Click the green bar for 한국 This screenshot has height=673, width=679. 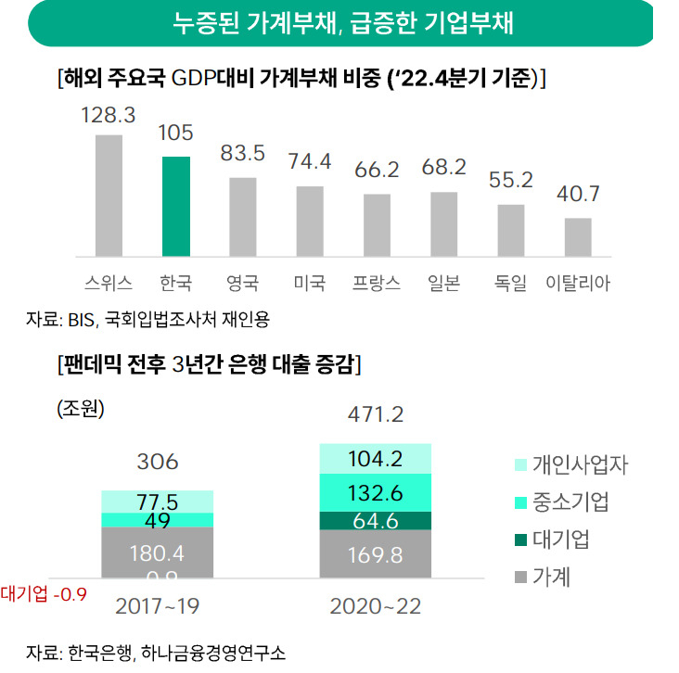pyautogui.click(x=176, y=207)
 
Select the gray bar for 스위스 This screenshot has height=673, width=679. pyautogui.click(x=109, y=196)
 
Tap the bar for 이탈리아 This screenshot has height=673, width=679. pyautogui.click(x=578, y=237)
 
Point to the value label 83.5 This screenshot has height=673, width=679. pyautogui.click(x=242, y=153)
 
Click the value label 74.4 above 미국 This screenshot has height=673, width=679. pyautogui.click(x=310, y=162)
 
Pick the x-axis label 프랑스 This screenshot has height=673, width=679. pyautogui.click(x=377, y=283)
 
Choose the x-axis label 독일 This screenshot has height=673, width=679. pyautogui.click(x=510, y=283)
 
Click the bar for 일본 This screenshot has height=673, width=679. pyautogui.click(x=444, y=224)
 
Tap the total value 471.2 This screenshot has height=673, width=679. pyautogui.click(x=376, y=414)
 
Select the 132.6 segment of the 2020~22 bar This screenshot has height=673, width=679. pyautogui.click(x=376, y=493)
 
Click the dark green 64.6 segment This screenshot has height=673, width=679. pyautogui.click(x=376, y=521)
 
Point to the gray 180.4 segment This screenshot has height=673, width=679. pyautogui.click(x=157, y=552)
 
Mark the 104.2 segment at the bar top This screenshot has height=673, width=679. pyautogui.click(x=376, y=459)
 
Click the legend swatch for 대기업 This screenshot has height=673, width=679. pyautogui.click(x=520, y=540)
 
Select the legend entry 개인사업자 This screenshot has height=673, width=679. pyautogui.click(x=571, y=464)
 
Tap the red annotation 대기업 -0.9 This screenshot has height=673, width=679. pyautogui.click(x=44, y=594)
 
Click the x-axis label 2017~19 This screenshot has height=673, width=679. pyautogui.click(x=157, y=606)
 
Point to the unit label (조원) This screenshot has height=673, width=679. pyautogui.click(x=81, y=408)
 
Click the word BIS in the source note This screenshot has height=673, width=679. pyautogui.click(x=81, y=320)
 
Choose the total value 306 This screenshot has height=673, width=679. pyautogui.click(x=157, y=462)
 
